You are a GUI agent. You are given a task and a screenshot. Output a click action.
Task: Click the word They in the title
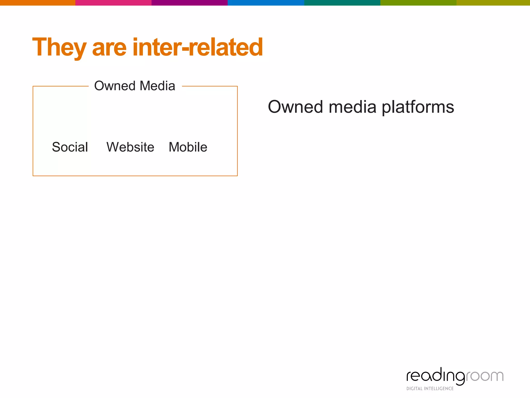59,47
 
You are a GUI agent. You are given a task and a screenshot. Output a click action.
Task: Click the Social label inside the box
70,147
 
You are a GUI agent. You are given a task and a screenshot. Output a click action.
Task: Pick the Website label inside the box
130,147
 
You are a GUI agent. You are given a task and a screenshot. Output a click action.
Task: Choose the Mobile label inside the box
188,147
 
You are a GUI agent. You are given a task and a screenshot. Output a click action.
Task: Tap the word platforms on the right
418,107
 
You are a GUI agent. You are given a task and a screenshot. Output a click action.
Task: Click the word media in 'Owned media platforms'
352,107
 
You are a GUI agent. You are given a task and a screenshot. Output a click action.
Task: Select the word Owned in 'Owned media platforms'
295,107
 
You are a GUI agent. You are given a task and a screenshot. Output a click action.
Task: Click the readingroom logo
455,376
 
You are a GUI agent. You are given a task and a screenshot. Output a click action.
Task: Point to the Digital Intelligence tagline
430,389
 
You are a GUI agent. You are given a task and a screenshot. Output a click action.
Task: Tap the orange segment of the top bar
38,3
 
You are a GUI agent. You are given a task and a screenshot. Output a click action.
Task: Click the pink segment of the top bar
113,3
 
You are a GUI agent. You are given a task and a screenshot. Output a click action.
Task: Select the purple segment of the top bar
189,3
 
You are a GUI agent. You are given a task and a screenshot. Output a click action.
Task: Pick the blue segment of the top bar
266,3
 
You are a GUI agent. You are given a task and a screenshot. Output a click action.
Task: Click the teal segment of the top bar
342,3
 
